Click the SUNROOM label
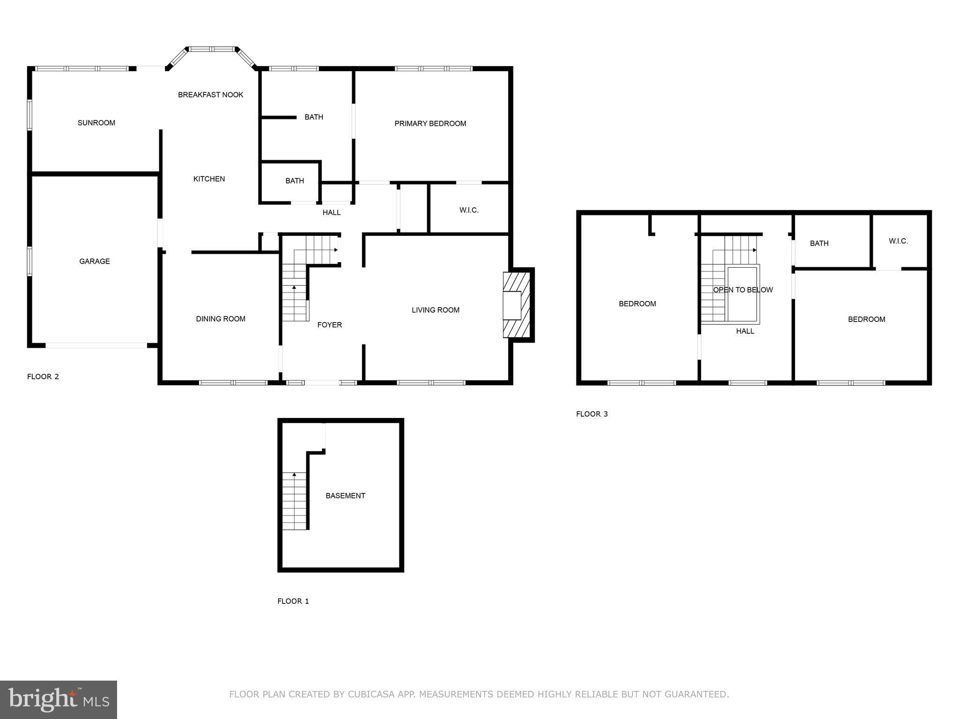pyautogui.click(x=96, y=123)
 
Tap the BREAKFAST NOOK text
pyautogui.click(x=210, y=95)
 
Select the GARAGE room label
pyautogui.click(x=94, y=261)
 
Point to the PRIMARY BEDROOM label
pyautogui.click(x=430, y=124)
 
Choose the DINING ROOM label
pyautogui.click(x=220, y=319)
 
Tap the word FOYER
pyautogui.click(x=329, y=325)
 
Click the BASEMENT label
pyautogui.click(x=345, y=496)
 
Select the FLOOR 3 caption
pyautogui.click(x=591, y=414)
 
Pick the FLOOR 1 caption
pyautogui.click(x=293, y=601)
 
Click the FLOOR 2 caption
pyautogui.click(x=43, y=376)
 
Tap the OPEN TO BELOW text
pyautogui.click(x=743, y=290)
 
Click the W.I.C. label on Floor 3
pyautogui.click(x=898, y=241)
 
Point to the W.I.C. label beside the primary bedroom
pyautogui.click(x=469, y=210)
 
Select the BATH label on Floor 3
pyautogui.click(x=819, y=243)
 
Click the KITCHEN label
pyautogui.click(x=209, y=179)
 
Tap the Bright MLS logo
pyautogui.click(x=59, y=699)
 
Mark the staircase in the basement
pyautogui.click(x=294, y=501)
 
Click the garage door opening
pyautogui.click(x=96, y=346)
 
